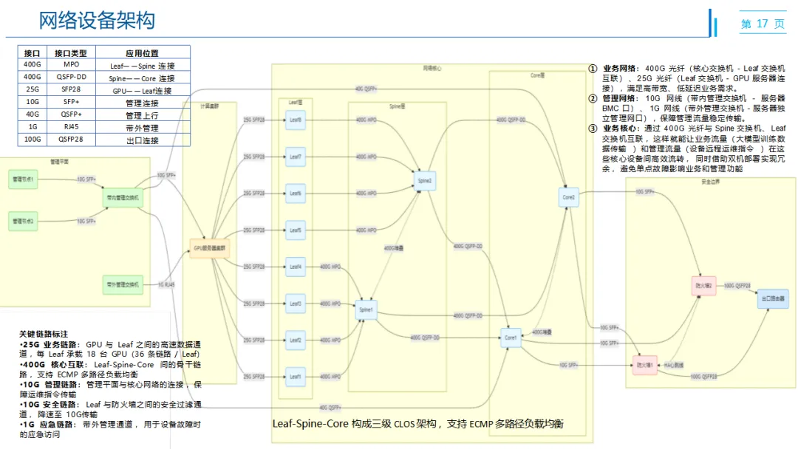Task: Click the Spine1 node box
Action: [x=366, y=309]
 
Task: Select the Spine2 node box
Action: [x=424, y=180]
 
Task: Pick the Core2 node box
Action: [x=568, y=197]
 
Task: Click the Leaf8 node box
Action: [x=296, y=120]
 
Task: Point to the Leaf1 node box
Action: [x=296, y=377]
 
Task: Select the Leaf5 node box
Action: [x=296, y=230]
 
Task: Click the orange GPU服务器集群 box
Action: [x=211, y=248]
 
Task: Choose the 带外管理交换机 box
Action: [x=123, y=284]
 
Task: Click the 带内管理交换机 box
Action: [x=123, y=198]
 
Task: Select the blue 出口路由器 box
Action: [x=773, y=298]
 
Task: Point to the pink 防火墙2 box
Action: [x=703, y=285]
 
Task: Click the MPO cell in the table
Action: [x=72, y=65]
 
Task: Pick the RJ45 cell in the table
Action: [x=72, y=128]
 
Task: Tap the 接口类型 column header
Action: [x=72, y=52]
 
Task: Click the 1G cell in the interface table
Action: [x=32, y=128]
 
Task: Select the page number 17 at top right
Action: [x=763, y=24]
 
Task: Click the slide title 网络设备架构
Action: [x=97, y=21]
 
